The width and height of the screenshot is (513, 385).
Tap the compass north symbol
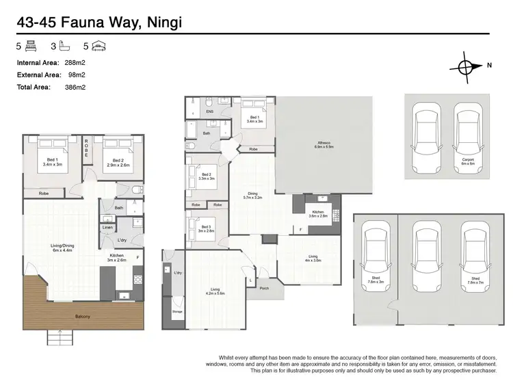(x=465, y=67)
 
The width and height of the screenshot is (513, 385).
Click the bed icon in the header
(x=29, y=47)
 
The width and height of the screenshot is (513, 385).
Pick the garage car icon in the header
(x=99, y=47)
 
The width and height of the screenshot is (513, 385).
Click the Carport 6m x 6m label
(x=467, y=161)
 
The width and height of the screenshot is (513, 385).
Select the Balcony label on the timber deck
(x=81, y=316)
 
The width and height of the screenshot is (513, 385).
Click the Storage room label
(x=177, y=311)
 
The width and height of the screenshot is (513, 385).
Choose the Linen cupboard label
(x=107, y=227)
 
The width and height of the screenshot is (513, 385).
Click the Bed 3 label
(x=205, y=228)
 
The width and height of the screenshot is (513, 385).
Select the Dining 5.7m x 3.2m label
(x=252, y=196)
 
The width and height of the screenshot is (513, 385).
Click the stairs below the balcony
(x=61, y=336)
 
